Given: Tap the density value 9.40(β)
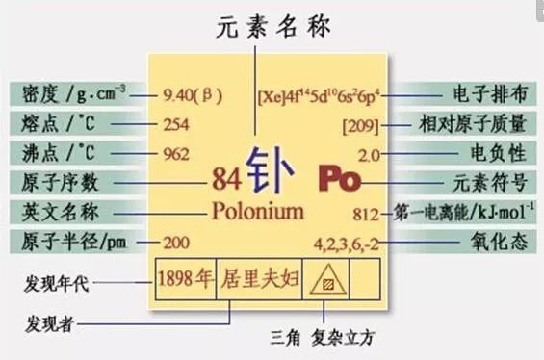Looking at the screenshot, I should (193, 94).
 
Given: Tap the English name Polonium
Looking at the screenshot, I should (257, 211).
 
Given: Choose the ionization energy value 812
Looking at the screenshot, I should (368, 213).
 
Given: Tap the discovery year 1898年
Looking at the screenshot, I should (185, 279).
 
